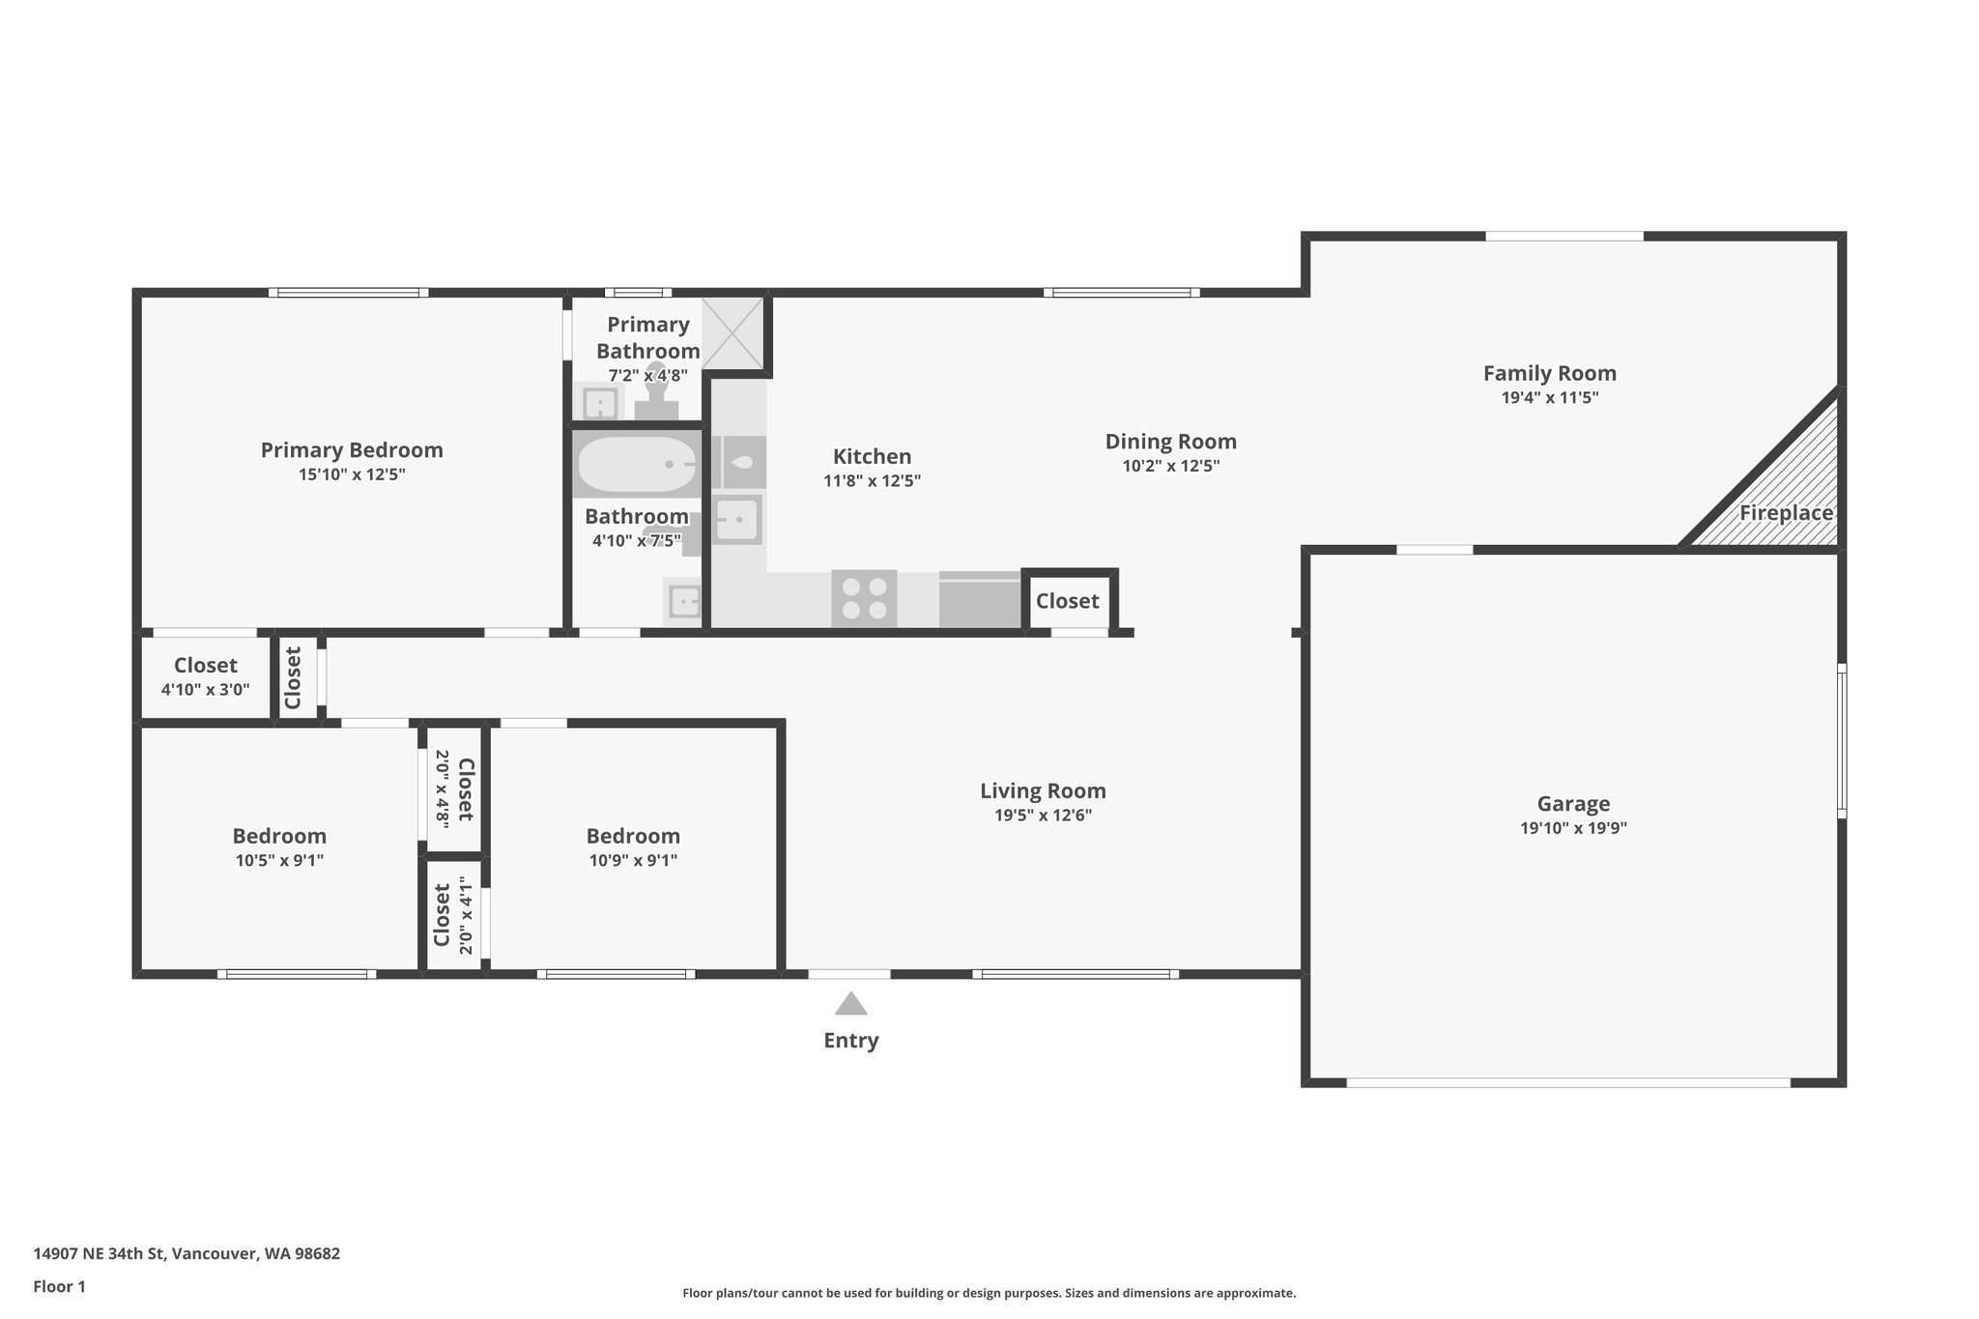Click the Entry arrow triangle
pos(850,1005)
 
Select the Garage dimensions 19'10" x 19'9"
pos(1573,828)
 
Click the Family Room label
pos(1549,373)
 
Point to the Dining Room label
pos(1170,442)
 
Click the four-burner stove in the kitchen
pos(864,598)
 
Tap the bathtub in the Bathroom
pos(636,465)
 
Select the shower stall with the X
pos(732,332)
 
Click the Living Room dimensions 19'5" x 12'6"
pos(1043,816)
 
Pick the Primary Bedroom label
pos(352,450)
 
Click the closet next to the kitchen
pos(1067,601)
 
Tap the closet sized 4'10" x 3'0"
pos(205,676)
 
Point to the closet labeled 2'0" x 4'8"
pos(454,789)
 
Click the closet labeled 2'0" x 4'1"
pos(454,916)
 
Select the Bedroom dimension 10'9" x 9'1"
pos(633,861)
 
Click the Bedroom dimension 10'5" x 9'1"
pos(279,861)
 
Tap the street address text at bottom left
pos(186,1254)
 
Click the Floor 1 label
pos(60,1286)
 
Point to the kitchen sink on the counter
pos(739,520)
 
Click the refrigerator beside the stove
pos(980,599)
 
